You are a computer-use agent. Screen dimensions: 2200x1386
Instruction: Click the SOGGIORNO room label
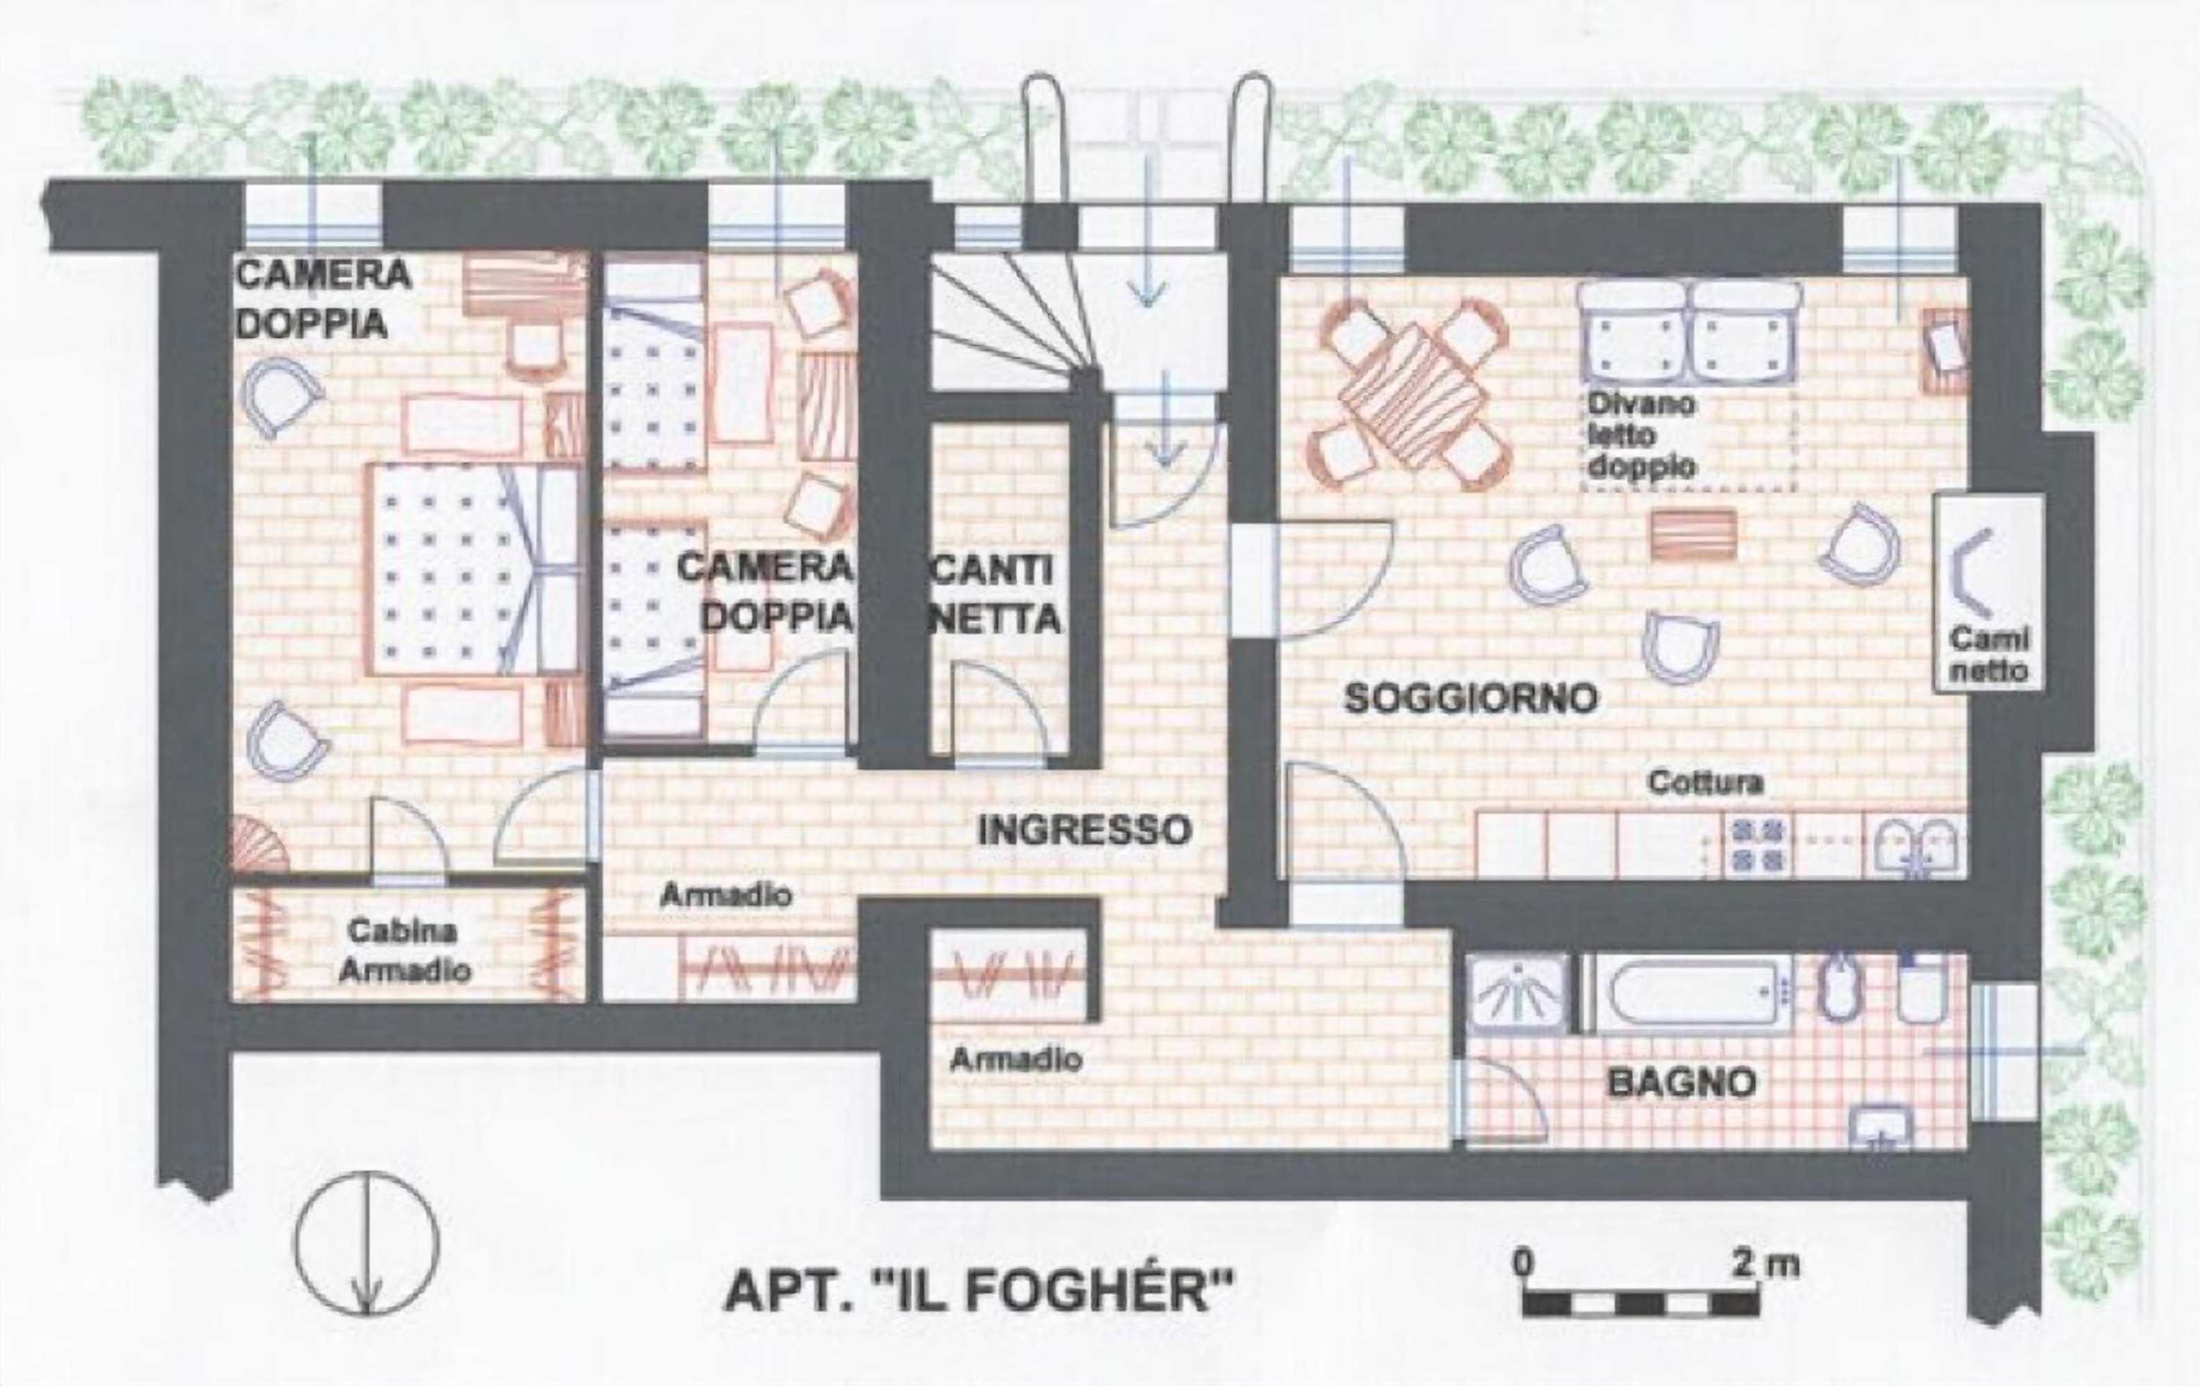coord(1472,699)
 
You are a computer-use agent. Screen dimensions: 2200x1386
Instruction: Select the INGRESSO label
coord(1085,830)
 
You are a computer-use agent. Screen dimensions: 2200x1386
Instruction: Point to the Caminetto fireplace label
coord(1987,653)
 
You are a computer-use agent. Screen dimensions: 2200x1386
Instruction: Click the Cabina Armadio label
coord(404,950)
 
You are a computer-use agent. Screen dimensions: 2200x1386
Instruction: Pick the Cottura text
coord(1705,783)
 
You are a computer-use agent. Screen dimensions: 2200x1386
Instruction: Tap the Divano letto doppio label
coord(1641,435)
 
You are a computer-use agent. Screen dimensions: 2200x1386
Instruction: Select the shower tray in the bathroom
coord(1519,994)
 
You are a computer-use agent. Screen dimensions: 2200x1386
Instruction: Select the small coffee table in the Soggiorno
coord(1692,534)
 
